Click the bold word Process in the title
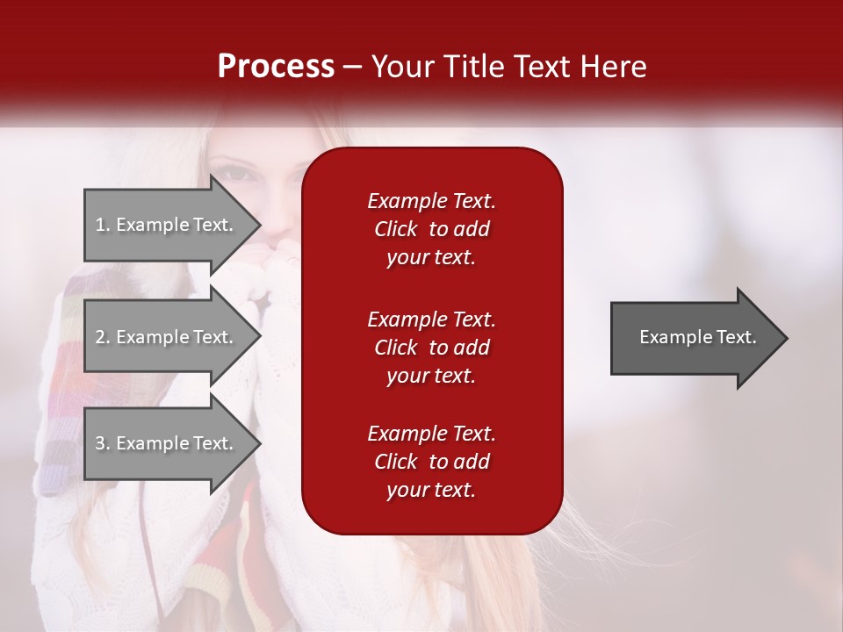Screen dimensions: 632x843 click(x=276, y=67)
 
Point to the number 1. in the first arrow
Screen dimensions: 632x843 click(x=103, y=225)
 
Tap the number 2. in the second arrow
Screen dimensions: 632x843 click(x=103, y=337)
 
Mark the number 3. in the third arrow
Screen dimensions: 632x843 click(x=103, y=443)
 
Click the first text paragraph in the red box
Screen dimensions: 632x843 click(x=431, y=229)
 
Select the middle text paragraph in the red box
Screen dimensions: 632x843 click(x=431, y=348)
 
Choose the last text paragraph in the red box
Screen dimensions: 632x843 click(x=431, y=462)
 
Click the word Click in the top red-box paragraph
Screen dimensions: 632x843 click(x=396, y=229)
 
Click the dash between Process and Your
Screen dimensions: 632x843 click(x=352, y=67)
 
